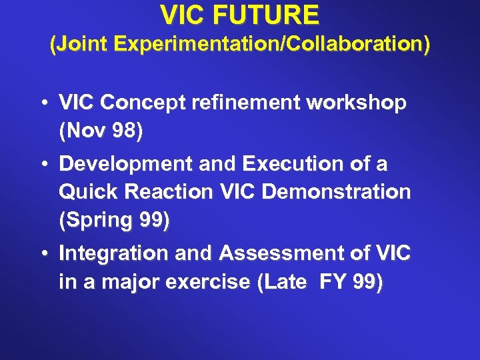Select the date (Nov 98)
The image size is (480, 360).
click(101, 132)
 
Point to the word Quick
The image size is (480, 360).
click(83, 193)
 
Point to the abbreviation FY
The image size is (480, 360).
click(333, 283)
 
